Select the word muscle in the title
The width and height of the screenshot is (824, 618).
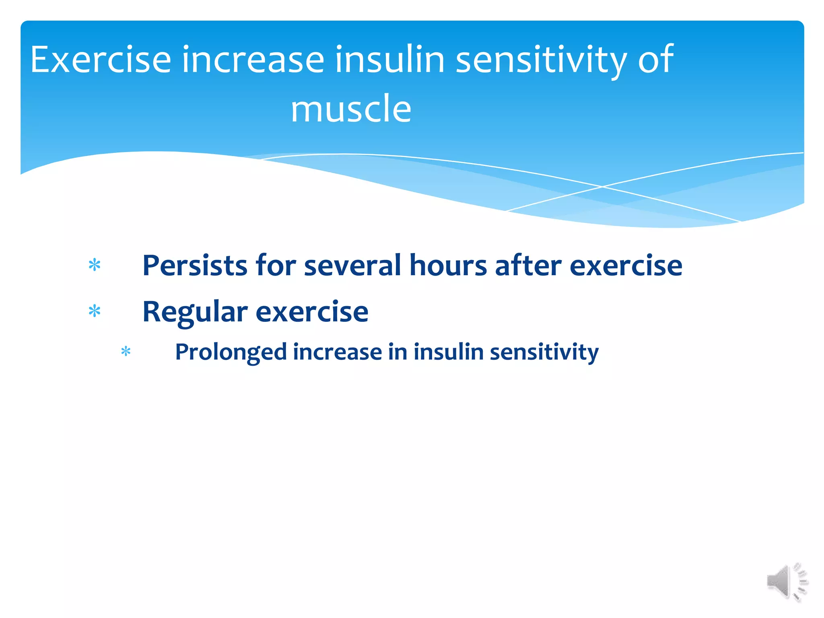351,109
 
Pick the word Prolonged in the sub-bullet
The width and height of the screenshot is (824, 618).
231,352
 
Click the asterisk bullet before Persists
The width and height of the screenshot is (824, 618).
95,265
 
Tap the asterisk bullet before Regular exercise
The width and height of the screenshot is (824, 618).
95,311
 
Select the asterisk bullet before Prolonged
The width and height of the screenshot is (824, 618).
126,352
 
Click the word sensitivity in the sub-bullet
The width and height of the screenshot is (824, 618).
544,352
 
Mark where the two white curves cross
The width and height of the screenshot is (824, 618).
602,187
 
